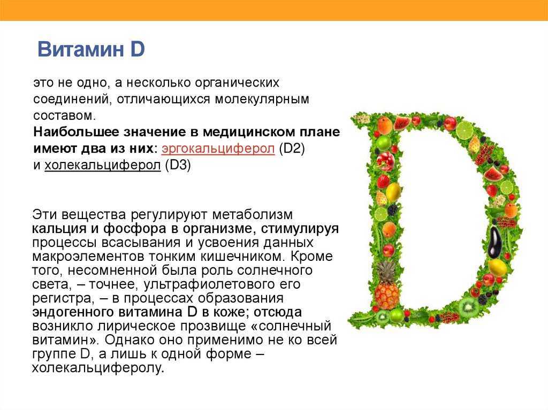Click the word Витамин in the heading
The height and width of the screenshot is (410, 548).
coord(80,49)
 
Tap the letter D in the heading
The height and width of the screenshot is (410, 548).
coord(137,49)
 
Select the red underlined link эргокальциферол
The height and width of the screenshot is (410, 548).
coord(218,149)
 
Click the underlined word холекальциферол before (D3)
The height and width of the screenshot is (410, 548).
coord(102,165)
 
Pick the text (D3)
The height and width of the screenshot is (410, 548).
coord(178,165)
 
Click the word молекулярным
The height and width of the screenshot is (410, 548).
coord(262,99)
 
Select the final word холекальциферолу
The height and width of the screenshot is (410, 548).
coord(98,368)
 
